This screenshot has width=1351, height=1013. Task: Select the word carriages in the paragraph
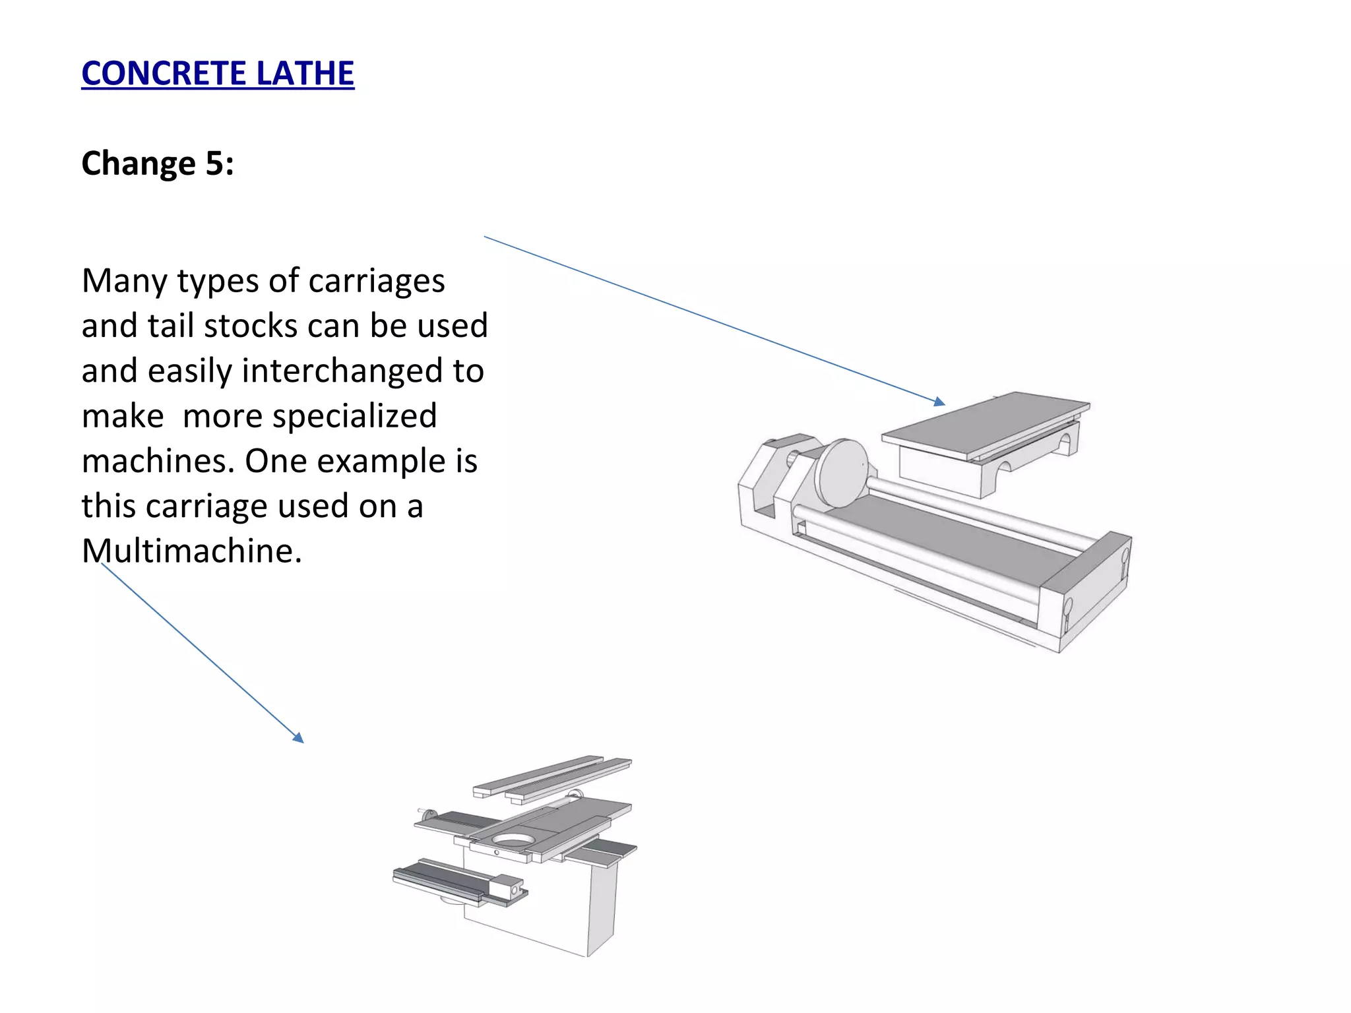(377, 281)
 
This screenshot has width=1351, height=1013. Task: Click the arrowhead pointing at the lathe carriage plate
(940, 402)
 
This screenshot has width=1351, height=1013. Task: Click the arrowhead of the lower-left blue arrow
(299, 738)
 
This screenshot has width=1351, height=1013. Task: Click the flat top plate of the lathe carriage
(986, 423)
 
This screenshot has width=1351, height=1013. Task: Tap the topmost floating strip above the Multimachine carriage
(538, 774)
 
